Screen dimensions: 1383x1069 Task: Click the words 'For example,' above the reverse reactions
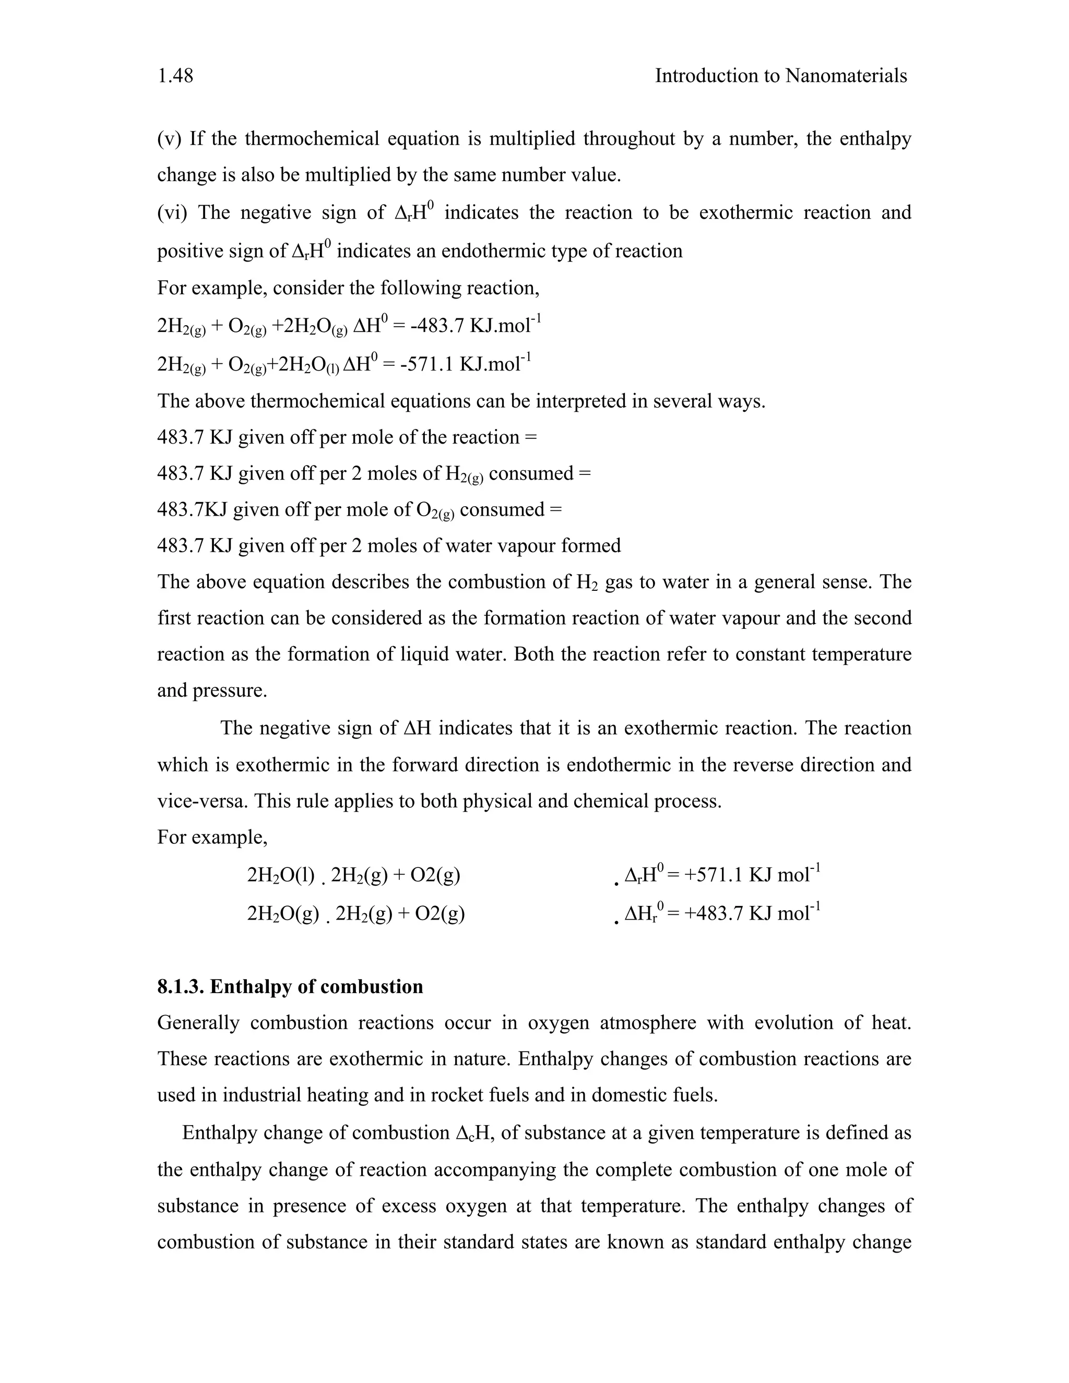(x=212, y=838)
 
